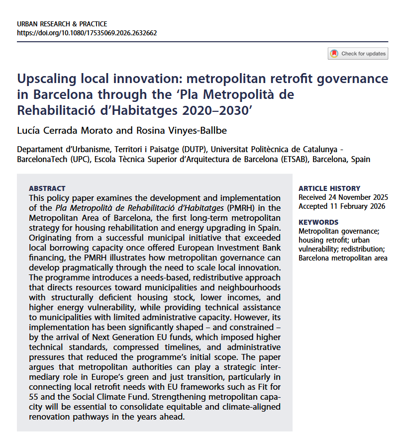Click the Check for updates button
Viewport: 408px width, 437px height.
coord(358,54)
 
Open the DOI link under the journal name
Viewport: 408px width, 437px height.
coord(87,33)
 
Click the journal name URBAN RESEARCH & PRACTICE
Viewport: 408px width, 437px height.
coord(62,24)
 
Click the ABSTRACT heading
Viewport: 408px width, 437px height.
coord(47,188)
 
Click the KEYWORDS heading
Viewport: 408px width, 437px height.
coord(318,222)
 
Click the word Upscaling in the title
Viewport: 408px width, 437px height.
coord(48,79)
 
